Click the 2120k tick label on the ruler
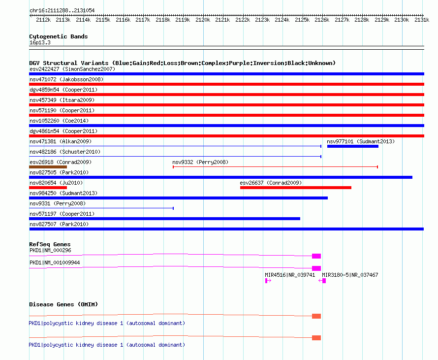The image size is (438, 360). pyautogui.click(x=203, y=20)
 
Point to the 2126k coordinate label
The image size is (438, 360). pyautogui.click(x=322, y=20)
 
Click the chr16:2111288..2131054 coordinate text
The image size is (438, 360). pyautogui.click(x=62, y=10)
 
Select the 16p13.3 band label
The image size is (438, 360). pyautogui.click(x=40, y=42)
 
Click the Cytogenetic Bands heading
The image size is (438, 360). pyautogui.click(x=59, y=36)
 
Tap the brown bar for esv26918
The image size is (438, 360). pyautogui.click(x=48, y=167)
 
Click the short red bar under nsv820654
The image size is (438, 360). pyautogui.click(x=48, y=188)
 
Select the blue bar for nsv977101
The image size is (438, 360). pyautogui.click(x=353, y=146)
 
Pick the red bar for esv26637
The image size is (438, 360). pyautogui.click(x=296, y=188)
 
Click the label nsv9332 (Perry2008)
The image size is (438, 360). pyautogui.click(x=200, y=162)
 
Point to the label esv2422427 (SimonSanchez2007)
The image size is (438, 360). pyautogui.click(x=72, y=69)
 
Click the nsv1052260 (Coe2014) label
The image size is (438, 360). pyautogui.click(x=59, y=121)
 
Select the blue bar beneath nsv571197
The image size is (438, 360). pyautogui.click(x=164, y=219)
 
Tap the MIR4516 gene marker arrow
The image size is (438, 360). pyautogui.click(x=268, y=281)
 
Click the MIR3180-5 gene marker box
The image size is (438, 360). pyautogui.click(x=324, y=281)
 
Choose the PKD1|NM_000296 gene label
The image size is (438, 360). pyautogui.click(x=50, y=250)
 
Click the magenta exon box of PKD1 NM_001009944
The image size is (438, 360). pyautogui.click(x=316, y=268)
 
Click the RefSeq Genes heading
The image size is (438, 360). pyautogui.click(x=50, y=244)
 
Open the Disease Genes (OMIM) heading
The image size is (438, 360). pyautogui.click(x=63, y=304)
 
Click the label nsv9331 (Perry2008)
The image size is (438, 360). pyautogui.click(x=58, y=203)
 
